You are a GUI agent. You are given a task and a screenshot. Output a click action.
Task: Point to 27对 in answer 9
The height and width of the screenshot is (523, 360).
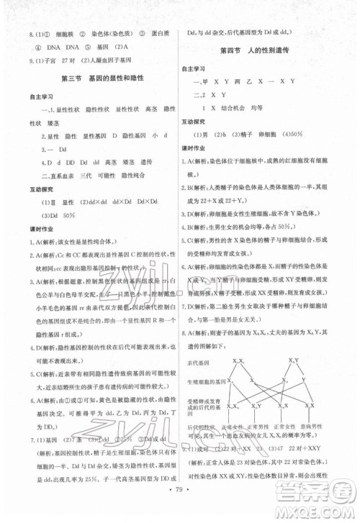(x=69, y=60)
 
